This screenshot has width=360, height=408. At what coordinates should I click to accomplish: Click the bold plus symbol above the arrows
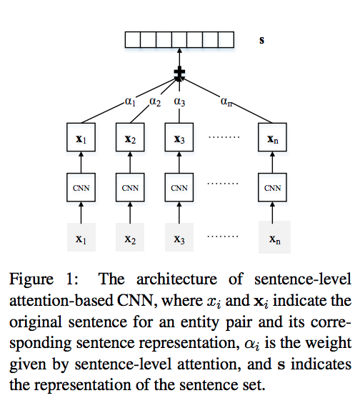(x=179, y=71)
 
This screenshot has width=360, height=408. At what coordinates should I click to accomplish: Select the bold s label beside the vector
(x=261, y=40)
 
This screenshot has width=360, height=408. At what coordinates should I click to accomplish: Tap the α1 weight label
(x=130, y=101)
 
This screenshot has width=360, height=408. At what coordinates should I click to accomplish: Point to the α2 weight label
(x=155, y=101)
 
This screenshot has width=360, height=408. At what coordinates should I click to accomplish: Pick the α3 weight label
(x=179, y=101)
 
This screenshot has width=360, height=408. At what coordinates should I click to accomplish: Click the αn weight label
(x=226, y=101)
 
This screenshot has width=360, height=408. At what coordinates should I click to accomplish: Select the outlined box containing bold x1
(x=81, y=137)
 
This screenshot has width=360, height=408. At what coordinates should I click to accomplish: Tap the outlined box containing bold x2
(x=130, y=137)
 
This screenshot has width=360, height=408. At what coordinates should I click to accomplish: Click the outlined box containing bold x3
(x=179, y=137)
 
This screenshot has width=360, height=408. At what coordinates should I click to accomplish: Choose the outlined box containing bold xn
(x=272, y=137)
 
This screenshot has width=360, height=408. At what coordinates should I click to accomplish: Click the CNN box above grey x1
(x=81, y=187)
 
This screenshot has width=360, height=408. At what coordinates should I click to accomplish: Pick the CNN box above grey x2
(x=130, y=187)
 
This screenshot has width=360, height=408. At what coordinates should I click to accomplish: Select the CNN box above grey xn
(x=272, y=187)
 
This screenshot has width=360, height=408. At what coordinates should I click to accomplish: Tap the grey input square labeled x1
(x=81, y=237)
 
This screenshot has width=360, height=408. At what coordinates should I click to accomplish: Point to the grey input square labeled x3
(x=179, y=237)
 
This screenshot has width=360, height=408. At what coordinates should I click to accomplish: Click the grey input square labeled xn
(x=274, y=237)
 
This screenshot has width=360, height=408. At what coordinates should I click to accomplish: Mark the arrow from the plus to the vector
(x=179, y=57)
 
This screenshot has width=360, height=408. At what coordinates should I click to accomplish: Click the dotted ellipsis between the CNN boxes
(x=223, y=184)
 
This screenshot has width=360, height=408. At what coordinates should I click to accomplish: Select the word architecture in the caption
(x=176, y=279)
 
